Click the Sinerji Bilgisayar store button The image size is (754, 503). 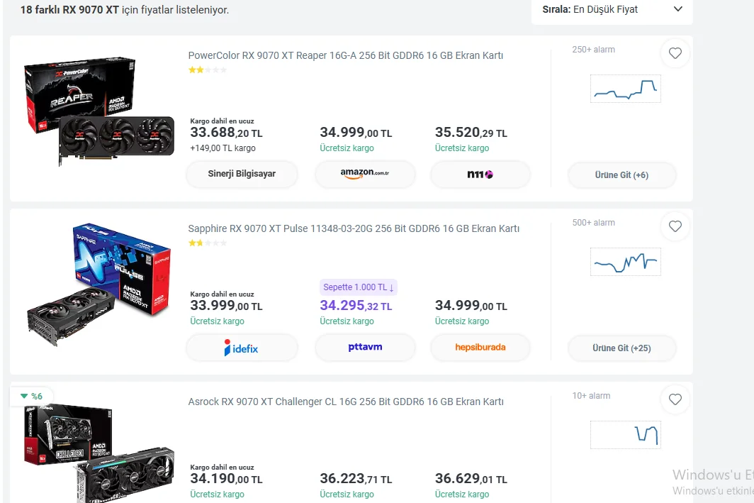pyautogui.click(x=242, y=174)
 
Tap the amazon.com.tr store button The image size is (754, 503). pyautogui.click(x=365, y=174)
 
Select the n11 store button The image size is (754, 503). pyautogui.click(x=480, y=174)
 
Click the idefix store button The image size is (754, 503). pyautogui.click(x=242, y=348)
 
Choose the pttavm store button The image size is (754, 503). pyautogui.click(x=365, y=348)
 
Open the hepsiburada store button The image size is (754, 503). pyautogui.click(x=480, y=348)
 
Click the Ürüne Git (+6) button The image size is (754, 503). pyautogui.click(x=621, y=175)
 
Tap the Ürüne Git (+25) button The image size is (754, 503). pyautogui.click(x=621, y=348)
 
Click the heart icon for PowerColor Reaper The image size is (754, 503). pyautogui.click(x=675, y=53)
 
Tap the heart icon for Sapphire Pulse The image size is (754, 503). pyautogui.click(x=675, y=226)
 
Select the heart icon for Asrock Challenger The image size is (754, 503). pyautogui.click(x=675, y=400)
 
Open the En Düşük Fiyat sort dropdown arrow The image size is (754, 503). pyautogui.click(x=677, y=9)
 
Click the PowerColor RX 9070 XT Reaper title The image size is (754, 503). pyautogui.click(x=345, y=55)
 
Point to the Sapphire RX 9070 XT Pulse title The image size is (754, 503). pyautogui.click(x=353, y=228)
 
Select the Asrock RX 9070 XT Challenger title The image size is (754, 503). pyautogui.click(x=345, y=402)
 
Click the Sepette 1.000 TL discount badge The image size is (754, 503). pyautogui.click(x=359, y=287)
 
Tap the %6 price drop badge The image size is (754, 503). pyautogui.click(x=31, y=396)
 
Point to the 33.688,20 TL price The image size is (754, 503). pyautogui.click(x=226, y=133)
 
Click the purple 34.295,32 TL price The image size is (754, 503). pyautogui.click(x=356, y=306)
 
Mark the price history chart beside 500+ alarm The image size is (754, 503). pyautogui.click(x=625, y=262)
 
